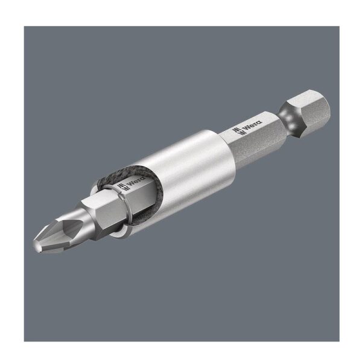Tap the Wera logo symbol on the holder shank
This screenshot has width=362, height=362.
click(x=239, y=131)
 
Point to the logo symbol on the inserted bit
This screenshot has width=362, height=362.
click(x=121, y=188)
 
